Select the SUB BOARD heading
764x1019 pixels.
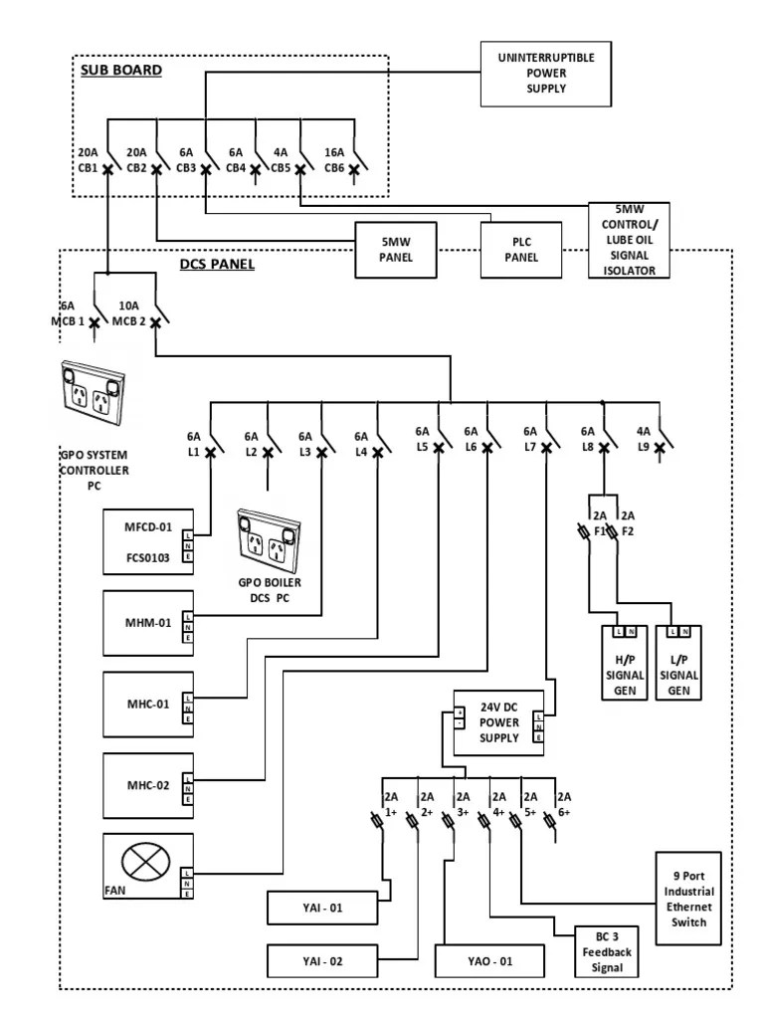(120, 71)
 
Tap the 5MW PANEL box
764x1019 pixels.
(397, 249)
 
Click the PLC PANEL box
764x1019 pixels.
(522, 249)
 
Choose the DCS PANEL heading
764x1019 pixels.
(219, 265)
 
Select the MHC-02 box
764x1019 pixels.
(148, 785)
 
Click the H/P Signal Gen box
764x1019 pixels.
(624, 665)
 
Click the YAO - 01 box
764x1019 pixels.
(489, 961)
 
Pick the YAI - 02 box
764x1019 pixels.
(322, 961)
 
